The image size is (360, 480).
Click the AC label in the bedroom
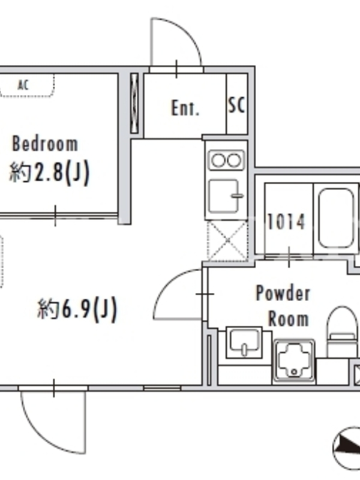coord(23,85)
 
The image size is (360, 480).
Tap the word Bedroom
coord(45,143)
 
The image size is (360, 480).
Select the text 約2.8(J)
coord(49,172)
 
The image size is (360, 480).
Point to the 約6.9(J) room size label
coord(77,309)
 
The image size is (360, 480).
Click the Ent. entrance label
coord(185,108)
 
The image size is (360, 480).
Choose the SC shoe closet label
coord(236,106)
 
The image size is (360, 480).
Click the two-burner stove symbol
coord(227,160)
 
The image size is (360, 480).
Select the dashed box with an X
coord(227,241)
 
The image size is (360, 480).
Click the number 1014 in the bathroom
coord(286,221)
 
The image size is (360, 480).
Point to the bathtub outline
coord(336,218)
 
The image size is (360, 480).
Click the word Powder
coord(283,293)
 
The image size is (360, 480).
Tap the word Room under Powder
coord(289,319)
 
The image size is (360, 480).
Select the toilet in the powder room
coord(342,332)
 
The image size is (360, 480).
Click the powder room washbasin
coord(244,342)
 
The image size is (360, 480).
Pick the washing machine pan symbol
coord(294,361)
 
